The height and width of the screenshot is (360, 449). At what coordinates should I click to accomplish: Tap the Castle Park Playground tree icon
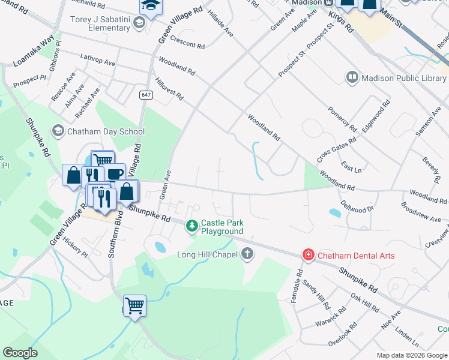click(x=192, y=226)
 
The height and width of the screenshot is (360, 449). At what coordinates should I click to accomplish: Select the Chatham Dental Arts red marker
click(x=309, y=256)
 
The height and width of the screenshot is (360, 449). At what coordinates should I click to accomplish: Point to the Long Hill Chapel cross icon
click(x=247, y=254)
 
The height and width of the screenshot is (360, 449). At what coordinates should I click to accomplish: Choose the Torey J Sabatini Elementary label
click(x=100, y=23)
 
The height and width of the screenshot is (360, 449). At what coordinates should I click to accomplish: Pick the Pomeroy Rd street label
click(x=343, y=120)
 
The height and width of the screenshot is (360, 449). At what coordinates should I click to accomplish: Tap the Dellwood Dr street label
click(x=357, y=204)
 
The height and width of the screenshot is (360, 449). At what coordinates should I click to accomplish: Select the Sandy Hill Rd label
click(x=316, y=293)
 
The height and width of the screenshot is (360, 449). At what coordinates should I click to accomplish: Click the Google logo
click(x=20, y=353)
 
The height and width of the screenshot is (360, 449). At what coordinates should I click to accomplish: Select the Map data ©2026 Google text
click(x=411, y=355)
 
